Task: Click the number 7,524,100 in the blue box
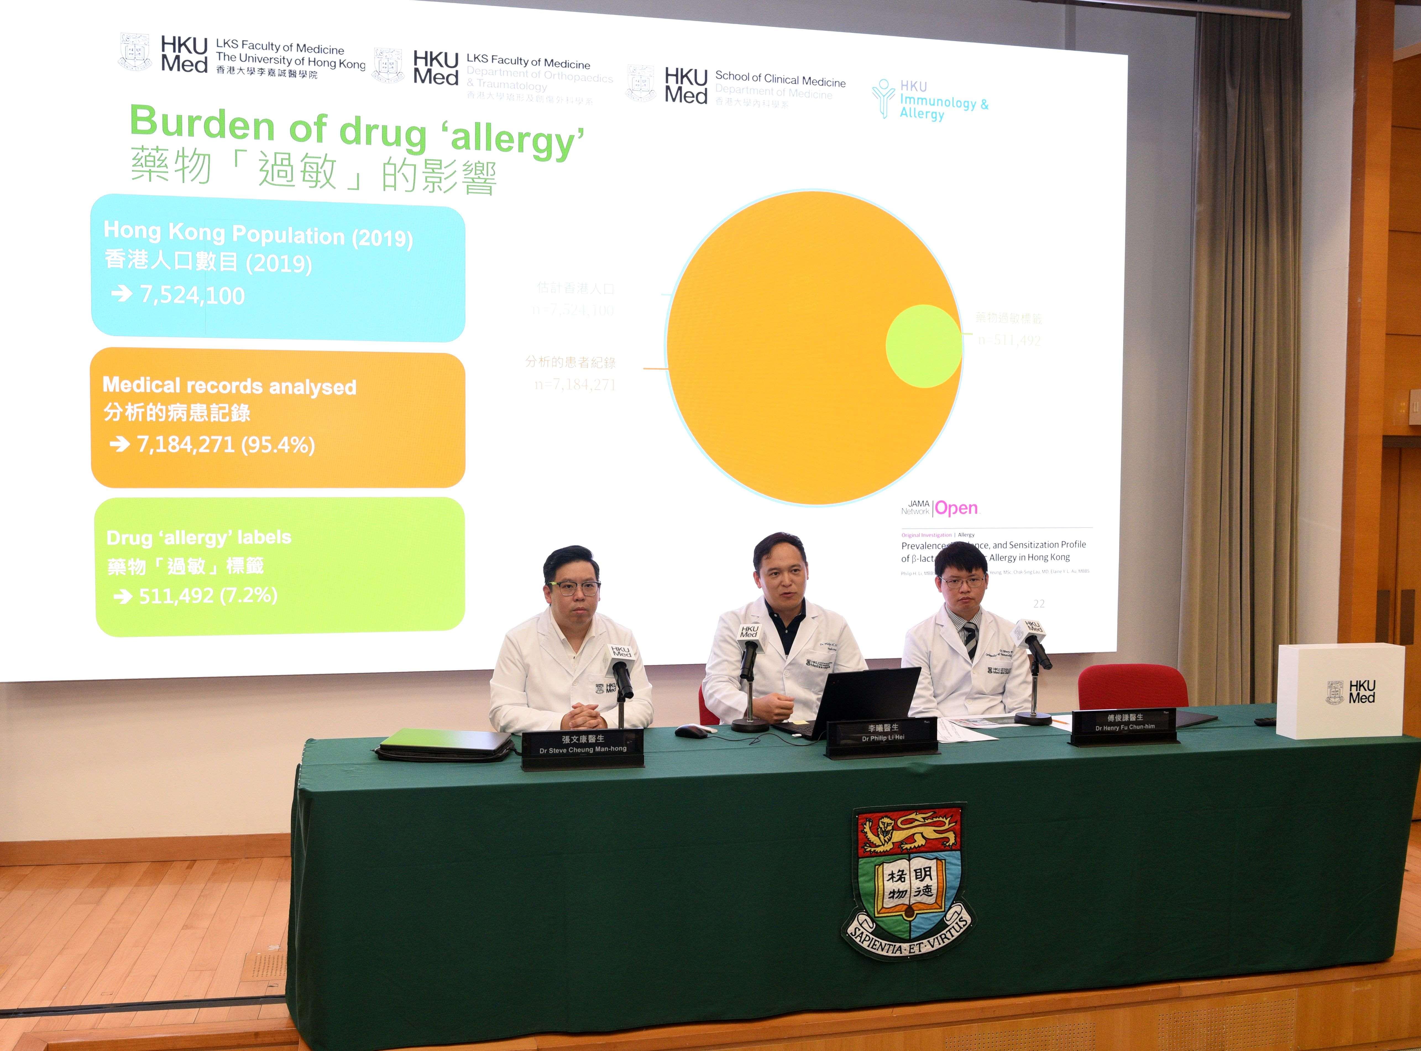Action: [x=192, y=295]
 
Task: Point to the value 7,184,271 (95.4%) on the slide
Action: [x=226, y=444]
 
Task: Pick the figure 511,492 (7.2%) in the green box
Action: [x=208, y=596]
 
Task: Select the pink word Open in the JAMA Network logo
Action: [x=956, y=508]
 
